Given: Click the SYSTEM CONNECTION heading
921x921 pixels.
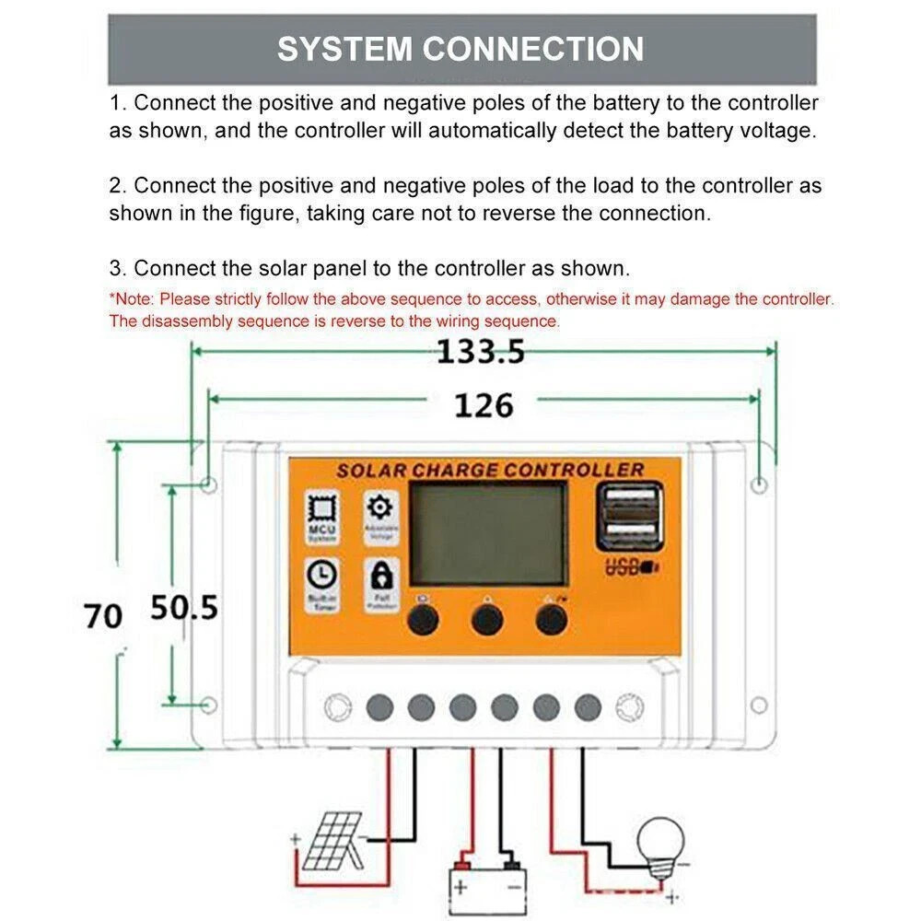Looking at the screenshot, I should pyautogui.click(x=460, y=49).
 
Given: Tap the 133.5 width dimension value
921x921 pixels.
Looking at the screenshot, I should pyautogui.click(x=480, y=351).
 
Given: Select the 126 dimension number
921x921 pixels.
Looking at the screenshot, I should pyautogui.click(x=484, y=404).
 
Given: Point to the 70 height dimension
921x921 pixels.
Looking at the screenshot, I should pyautogui.click(x=103, y=615).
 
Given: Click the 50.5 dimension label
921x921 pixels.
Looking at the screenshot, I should pyautogui.click(x=184, y=608).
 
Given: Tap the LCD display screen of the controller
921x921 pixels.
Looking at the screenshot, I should pyautogui.click(x=488, y=535).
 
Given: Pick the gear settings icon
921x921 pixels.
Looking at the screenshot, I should pyautogui.click(x=379, y=507).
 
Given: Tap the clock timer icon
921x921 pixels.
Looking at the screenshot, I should pyautogui.click(x=322, y=576).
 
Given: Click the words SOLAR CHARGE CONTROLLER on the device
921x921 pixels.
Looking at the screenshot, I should pyautogui.click(x=489, y=470).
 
